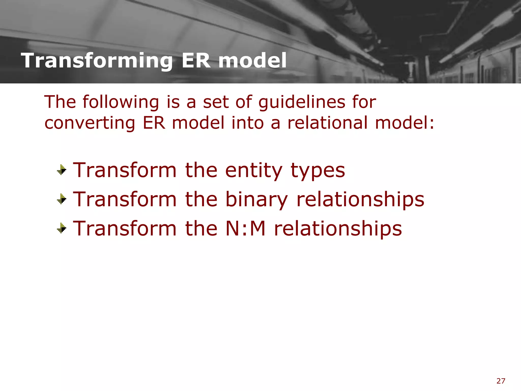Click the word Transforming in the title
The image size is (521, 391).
[97, 61]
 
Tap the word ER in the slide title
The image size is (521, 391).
[196, 61]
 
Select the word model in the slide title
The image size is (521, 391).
[252, 61]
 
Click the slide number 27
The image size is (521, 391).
[501, 381]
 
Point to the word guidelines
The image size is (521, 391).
[302, 102]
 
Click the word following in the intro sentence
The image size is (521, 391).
[121, 102]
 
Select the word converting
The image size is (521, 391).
[90, 123]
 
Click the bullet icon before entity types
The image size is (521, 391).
[62, 170]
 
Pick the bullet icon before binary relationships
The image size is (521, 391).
[62, 199]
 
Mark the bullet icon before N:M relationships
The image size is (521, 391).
[62, 228]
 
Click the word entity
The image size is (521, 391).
[254, 171]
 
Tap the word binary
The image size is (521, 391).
[257, 200]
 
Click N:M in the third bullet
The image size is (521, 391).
[245, 228]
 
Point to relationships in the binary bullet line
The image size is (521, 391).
[360, 199]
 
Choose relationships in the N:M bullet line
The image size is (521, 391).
[338, 228]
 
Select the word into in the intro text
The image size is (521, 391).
[247, 123]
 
